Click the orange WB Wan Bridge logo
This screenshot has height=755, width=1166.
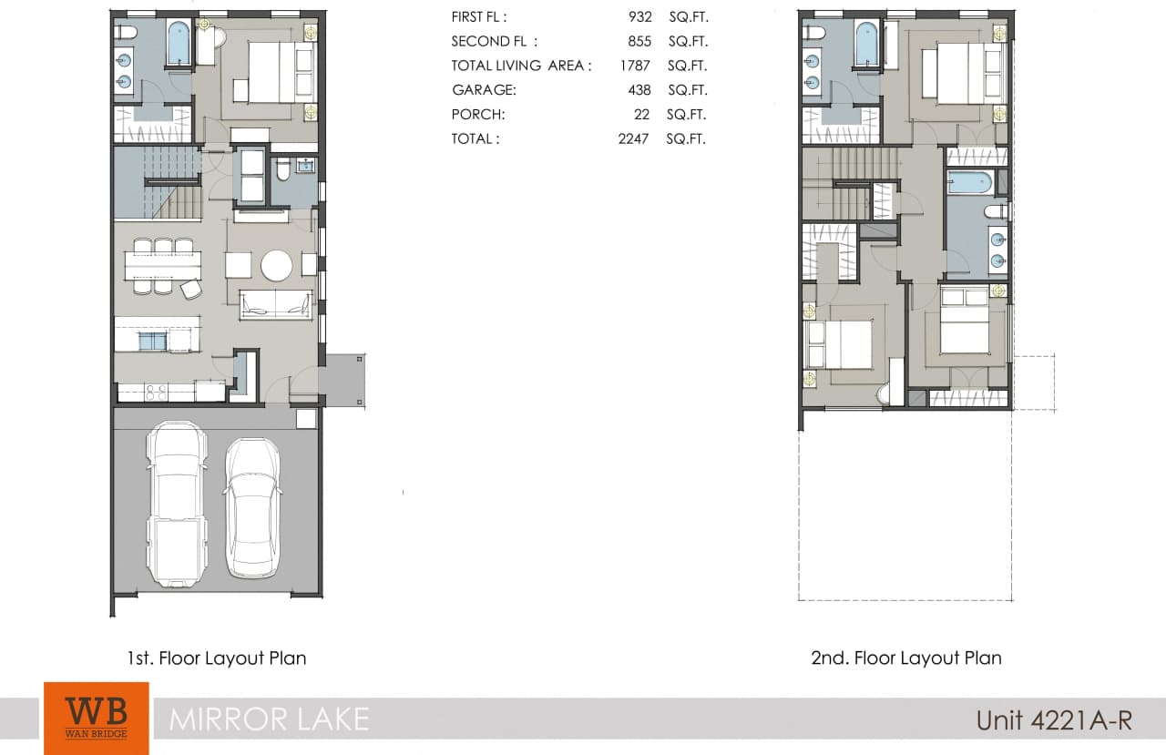pyautogui.click(x=96, y=718)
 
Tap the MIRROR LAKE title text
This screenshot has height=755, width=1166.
pyautogui.click(x=269, y=719)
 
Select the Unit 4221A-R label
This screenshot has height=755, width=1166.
pyautogui.click(x=1054, y=719)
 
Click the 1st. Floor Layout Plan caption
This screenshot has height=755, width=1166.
pyautogui.click(x=217, y=658)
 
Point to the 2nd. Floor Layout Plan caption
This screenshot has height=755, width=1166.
pyautogui.click(x=906, y=658)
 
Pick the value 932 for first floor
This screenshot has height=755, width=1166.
pyautogui.click(x=639, y=17)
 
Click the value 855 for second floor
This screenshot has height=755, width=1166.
pyautogui.click(x=639, y=42)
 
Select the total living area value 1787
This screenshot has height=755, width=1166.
pyautogui.click(x=634, y=66)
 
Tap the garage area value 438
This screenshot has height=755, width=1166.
pyautogui.click(x=639, y=90)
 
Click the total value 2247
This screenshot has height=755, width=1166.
pyautogui.click(x=633, y=139)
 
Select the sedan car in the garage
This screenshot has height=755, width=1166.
pyautogui.click(x=252, y=507)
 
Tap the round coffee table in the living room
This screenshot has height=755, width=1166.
pyautogui.click(x=276, y=265)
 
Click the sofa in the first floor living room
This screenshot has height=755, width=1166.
pyautogui.click(x=276, y=304)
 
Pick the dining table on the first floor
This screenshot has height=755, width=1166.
pyautogui.click(x=162, y=265)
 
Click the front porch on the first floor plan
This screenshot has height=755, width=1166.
pyautogui.click(x=343, y=380)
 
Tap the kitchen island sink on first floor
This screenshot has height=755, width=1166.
pyautogui.click(x=152, y=342)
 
